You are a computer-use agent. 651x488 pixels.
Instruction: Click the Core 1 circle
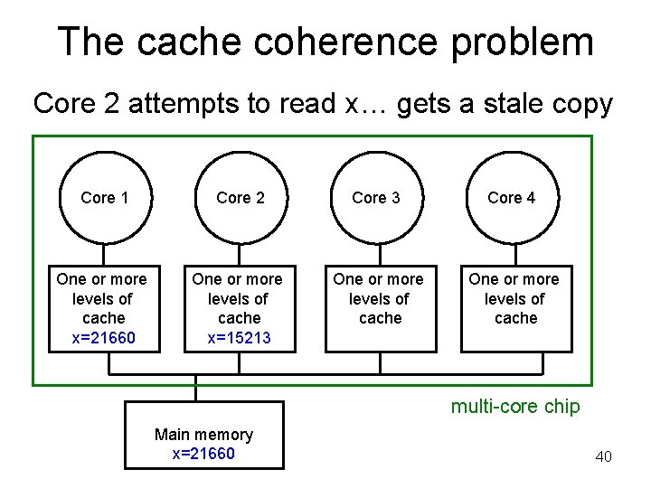pyautogui.click(x=104, y=198)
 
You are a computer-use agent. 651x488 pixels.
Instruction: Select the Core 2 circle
pyautogui.click(x=240, y=198)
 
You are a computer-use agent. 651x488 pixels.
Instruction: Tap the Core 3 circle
pyautogui.click(x=375, y=198)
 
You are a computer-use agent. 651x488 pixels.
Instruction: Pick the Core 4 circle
pyautogui.click(x=511, y=198)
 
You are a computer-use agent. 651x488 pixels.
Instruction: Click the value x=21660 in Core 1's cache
pyautogui.click(x=104, y=338)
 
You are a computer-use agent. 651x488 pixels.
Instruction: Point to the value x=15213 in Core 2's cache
pyautogui.click(x=240, y=338)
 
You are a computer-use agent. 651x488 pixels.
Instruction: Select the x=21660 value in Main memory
pyautogui.click(x=203, y=454)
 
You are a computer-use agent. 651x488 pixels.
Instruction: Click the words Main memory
pyautogui.click(x=203, y=435)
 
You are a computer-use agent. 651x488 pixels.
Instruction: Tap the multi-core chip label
pyautogui.click(x=515, y=407)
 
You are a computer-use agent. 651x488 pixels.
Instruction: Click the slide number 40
pyautogui.click(x=603, y=456)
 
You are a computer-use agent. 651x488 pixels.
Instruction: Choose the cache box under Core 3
pyautogui.click(x=380, y=307)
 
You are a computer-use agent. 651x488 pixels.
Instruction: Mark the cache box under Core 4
pyautogui.click(x=515, y=307)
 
